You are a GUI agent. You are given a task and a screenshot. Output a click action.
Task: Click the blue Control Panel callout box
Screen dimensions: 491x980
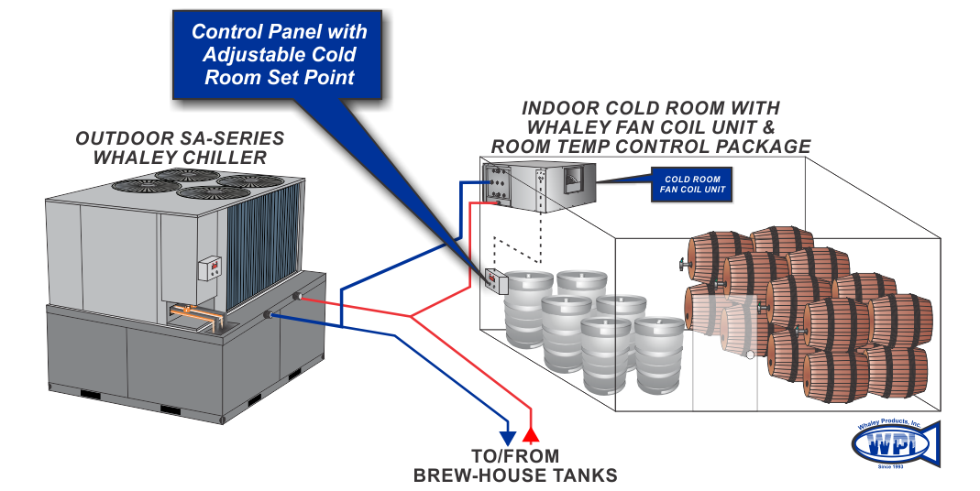tap(279, 54)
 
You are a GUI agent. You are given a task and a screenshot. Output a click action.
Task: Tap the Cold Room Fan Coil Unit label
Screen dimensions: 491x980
tap(692, 184)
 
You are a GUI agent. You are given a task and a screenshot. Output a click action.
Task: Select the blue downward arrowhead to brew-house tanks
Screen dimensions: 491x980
tap(505, 437)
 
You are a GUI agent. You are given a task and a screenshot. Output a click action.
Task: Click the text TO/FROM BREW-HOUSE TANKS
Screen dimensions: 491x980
tap(515, 465)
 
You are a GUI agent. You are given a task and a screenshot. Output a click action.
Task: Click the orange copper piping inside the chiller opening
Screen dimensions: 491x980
tap(197, 315)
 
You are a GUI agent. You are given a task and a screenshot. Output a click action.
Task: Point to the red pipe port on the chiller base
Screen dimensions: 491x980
tap(299, 297)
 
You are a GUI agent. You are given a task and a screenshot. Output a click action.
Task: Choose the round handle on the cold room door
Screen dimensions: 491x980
tap(749, 355)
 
